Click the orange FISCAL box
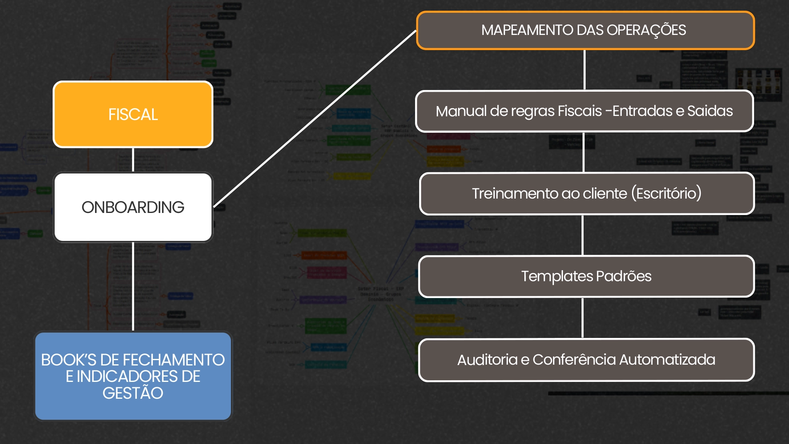tap(133, 114)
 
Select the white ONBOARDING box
tap(133, 207)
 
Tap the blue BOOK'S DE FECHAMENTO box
tap(133, 376)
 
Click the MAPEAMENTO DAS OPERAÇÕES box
tap(585, 30)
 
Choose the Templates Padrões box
tap(586, 276)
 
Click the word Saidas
tap(710, 111)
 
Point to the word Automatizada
tap(667, 360)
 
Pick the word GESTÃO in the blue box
tap(133, 393)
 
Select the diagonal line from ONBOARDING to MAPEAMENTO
tap(315, 118)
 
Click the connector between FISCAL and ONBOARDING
tap(133, 160)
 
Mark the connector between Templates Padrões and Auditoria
tap(582, 318)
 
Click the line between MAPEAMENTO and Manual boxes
tap(584, 70)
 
